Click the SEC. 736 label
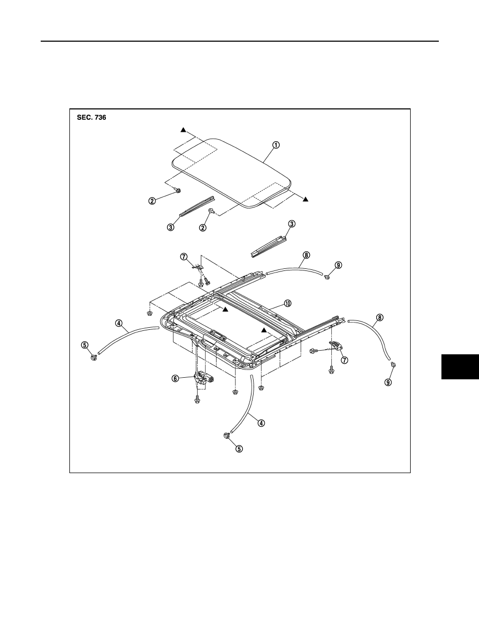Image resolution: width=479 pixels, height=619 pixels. point(91,117)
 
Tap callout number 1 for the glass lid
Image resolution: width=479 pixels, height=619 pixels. point(276,144)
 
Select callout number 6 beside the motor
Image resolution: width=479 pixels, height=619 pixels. point(175,378)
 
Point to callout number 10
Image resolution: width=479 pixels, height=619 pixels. point(288,303)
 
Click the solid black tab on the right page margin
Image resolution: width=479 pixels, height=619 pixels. point(460,367)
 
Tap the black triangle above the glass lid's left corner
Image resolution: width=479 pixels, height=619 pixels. point(183,130)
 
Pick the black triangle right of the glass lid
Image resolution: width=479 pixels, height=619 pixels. point(305,200)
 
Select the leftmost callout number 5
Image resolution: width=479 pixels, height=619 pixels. point(85,344)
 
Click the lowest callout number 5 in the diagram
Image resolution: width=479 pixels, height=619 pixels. point(239,449)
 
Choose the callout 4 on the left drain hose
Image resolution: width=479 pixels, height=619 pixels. point(118,323)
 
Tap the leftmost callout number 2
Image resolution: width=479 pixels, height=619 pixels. point(152,201)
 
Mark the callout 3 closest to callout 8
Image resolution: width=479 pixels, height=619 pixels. point(292,224)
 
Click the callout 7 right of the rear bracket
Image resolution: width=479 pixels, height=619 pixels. point(344,360)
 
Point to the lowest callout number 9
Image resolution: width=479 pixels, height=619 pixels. point(389,382)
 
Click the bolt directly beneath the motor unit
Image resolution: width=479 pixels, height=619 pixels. point(197,400)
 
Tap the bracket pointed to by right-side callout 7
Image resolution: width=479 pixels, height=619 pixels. point(336,346)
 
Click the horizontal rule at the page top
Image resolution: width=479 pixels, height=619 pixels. point(240,41)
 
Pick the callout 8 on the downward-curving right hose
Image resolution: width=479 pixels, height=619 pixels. point(379,317)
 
